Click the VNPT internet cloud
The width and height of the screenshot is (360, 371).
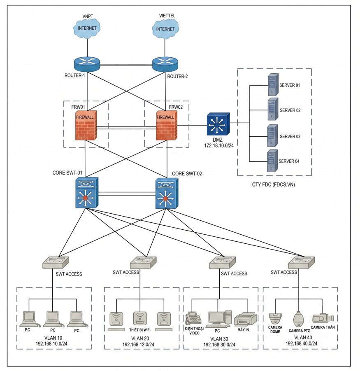tap(87, 28)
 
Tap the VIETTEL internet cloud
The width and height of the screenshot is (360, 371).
tap(165, 29)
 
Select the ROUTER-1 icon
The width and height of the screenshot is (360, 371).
tap(87, 64)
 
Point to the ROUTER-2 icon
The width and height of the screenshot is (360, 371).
tap(165, 64)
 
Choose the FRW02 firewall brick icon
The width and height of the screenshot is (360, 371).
tap(166, 126)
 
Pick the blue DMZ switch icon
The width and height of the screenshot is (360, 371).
tap(218, 124)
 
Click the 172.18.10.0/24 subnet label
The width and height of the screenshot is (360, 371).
tap(219, 145)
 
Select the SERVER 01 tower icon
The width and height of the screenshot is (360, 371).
tap(273, 84)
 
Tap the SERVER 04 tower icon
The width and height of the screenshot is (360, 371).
tap(272, 161)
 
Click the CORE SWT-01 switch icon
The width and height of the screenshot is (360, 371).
tap(87, 193)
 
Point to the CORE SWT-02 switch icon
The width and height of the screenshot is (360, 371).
tap(167, 193)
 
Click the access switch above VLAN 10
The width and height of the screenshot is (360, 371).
tap(56, 262)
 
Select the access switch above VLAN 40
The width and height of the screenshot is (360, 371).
tap(302, 262)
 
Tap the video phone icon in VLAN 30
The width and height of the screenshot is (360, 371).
tap(193, 318)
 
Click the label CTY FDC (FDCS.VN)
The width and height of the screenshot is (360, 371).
tap(274, 184)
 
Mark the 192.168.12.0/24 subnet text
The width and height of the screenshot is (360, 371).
tap(138, 345)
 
